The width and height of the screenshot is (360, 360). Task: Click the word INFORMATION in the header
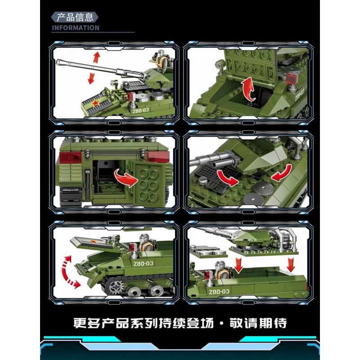(75, 27)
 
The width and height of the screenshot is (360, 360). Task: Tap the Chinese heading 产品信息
(75, 17)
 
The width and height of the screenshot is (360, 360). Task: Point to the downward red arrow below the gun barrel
(91, 77)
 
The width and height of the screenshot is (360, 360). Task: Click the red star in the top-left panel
(96, 104)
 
